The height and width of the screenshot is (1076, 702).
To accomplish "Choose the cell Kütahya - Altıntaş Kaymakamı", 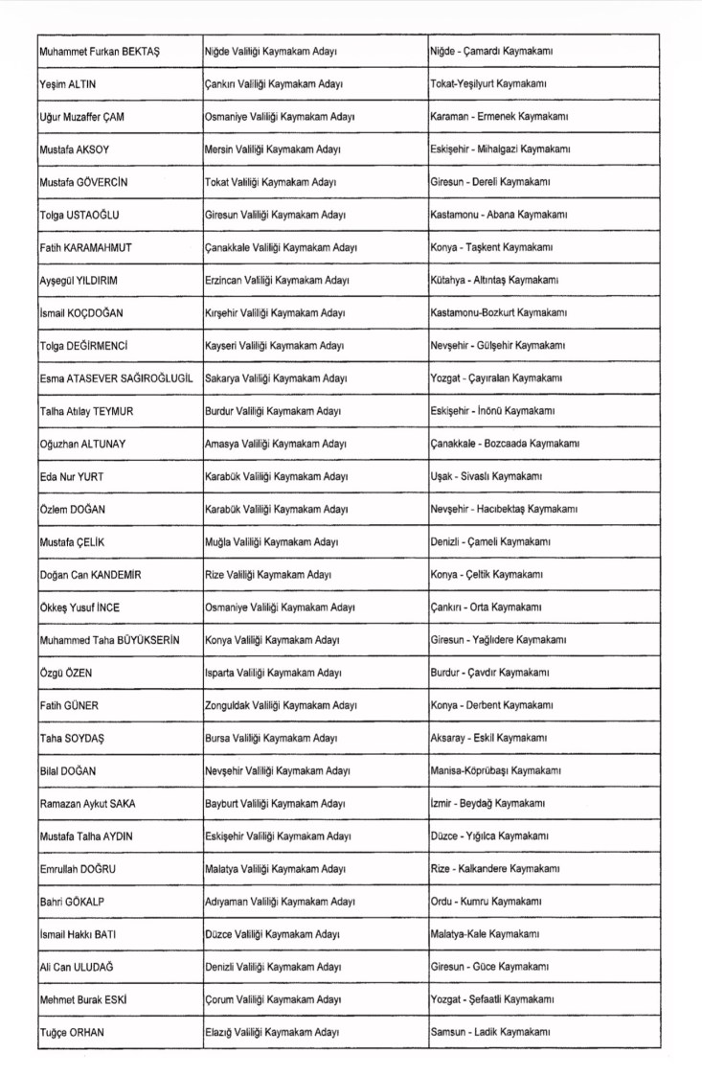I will pyautogui.click(x=495, y=280).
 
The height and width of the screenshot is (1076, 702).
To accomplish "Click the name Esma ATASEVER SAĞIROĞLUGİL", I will pyautogui.click(x=116, y=378).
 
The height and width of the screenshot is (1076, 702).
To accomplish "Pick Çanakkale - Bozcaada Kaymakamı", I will pyautogui.click(x=505, y=444).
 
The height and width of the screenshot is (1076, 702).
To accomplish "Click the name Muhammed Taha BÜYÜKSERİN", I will pyautogui.click(x=110, y=639).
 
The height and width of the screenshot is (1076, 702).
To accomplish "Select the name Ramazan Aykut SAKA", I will pyautogui.click(x=87, y=803).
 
